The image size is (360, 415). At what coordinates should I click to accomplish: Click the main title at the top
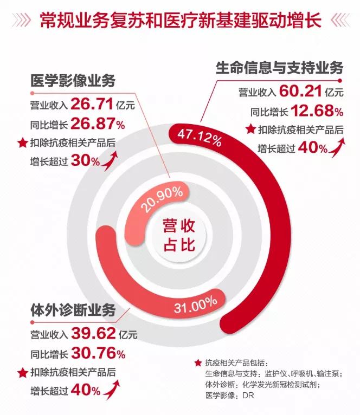click(180, 21)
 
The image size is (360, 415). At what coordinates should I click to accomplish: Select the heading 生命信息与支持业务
click(279, 69)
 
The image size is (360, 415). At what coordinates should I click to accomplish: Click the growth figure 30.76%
click(98, 354)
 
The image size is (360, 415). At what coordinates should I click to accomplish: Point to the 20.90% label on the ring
click(160, 203)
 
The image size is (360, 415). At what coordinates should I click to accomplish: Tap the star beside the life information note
click(250, 129)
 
